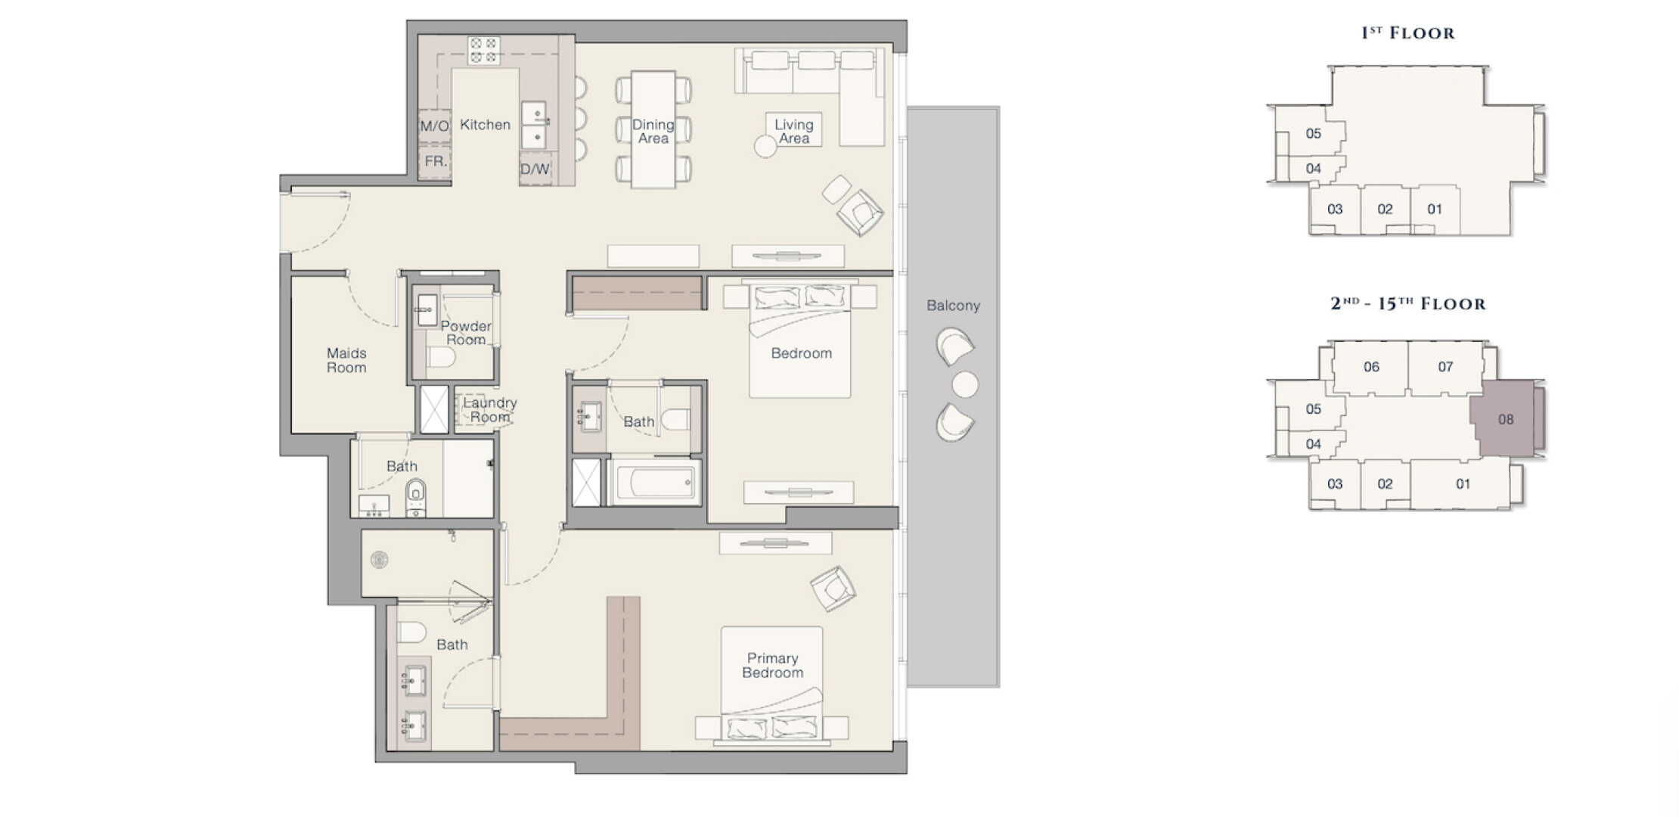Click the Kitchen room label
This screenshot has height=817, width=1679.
point(485,125)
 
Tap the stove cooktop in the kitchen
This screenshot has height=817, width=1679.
point(483,50)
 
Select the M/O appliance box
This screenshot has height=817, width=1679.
point(434,126)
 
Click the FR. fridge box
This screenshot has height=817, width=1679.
point(435,162)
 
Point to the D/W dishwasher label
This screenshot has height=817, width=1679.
point(535,169)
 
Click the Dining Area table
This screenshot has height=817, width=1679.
point(653,129)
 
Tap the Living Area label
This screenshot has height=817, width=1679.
point(793,131)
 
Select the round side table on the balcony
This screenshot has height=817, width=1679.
point(965,385)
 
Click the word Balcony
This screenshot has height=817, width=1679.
point(953,306)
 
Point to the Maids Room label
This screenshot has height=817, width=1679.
point(346,360)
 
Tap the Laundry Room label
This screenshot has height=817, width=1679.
point(490,410)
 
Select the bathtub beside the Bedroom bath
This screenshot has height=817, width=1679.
point(656,482)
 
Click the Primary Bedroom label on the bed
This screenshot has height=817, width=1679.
point(772,666)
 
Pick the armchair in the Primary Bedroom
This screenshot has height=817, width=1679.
point(833,588)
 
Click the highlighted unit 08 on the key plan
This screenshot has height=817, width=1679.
point(1506,419)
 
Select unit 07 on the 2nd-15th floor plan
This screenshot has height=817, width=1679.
point(1445,367)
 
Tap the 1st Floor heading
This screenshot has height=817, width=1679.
point(1407,33)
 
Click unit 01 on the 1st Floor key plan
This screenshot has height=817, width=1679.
point(1435,210)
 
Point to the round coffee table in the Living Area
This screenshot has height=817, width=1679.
point(765,146)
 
